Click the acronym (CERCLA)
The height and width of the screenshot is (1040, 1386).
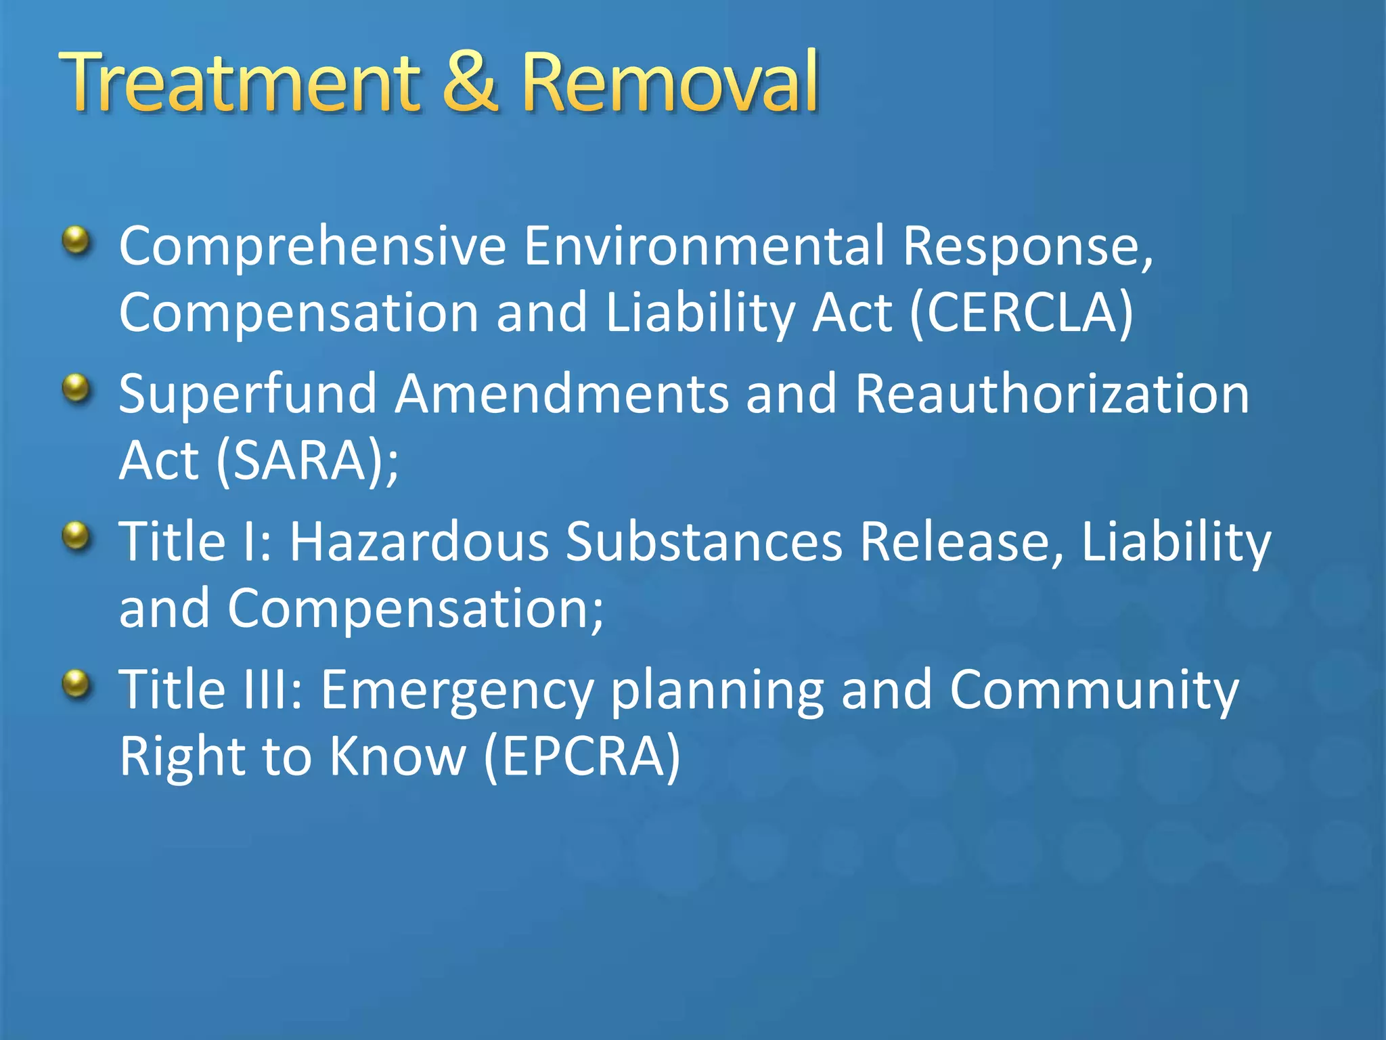(x=1021, y=313)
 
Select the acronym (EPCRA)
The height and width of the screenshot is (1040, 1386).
(x=583, y=756)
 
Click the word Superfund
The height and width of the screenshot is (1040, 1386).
(x=248, y=394)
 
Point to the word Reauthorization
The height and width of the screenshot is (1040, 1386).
(x=1052, y=394)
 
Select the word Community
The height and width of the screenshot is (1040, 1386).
(x=1094, y=691)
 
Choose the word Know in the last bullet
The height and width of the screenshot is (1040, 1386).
(x=398, y=756)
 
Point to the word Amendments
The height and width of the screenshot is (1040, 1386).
(x=562, y=394)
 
